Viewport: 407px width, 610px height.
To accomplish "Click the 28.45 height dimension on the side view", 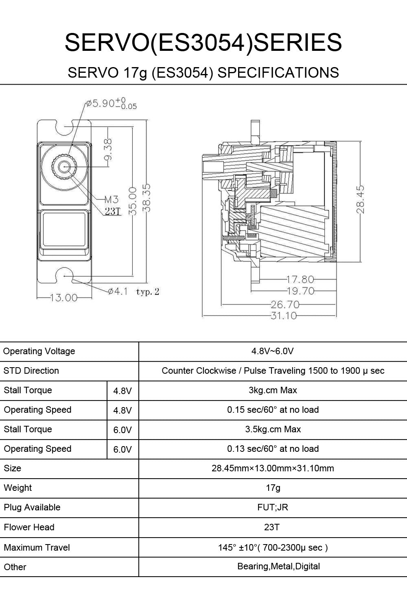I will (x=360, y=199).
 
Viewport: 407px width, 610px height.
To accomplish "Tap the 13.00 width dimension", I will (x=63, y=298).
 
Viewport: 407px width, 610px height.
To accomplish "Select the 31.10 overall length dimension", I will (x=284, y=316).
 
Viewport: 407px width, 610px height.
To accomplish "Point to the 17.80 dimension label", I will (x=300, y=279).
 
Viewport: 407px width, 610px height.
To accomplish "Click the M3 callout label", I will (x=111, y=199).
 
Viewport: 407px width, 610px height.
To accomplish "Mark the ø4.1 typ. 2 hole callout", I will (x=133, y=292).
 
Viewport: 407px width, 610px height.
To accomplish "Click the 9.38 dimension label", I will (x=108, y=150).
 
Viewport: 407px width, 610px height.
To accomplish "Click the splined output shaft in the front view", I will (x=64, y=167).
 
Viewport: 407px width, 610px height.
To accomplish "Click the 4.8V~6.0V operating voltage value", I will (x=273, y=351).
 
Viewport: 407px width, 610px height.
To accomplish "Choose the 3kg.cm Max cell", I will (x=273, y=390).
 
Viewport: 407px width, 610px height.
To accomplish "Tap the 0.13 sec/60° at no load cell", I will (x=273, y=449).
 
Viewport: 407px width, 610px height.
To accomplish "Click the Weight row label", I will (x=18, y=488).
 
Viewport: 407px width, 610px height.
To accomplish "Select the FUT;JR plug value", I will (x=273, y=508).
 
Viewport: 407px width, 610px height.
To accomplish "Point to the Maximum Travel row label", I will (x=37, y=547).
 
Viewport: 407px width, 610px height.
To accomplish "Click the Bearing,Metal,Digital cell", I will (x=278, y=566).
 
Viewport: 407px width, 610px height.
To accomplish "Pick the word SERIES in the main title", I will (x=298, y=43).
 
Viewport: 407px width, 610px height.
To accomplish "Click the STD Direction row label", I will (x=31, y=371).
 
